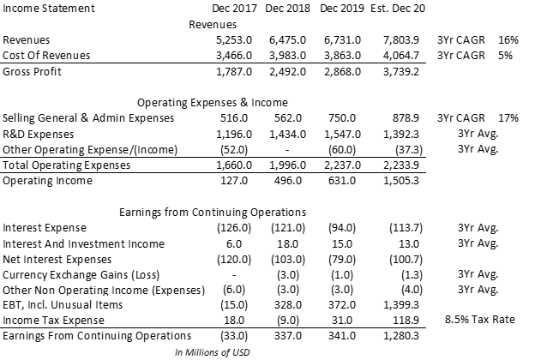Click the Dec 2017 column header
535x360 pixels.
point(236,9)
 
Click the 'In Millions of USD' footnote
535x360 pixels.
point(204,351)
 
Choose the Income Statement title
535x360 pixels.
point(50,9)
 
